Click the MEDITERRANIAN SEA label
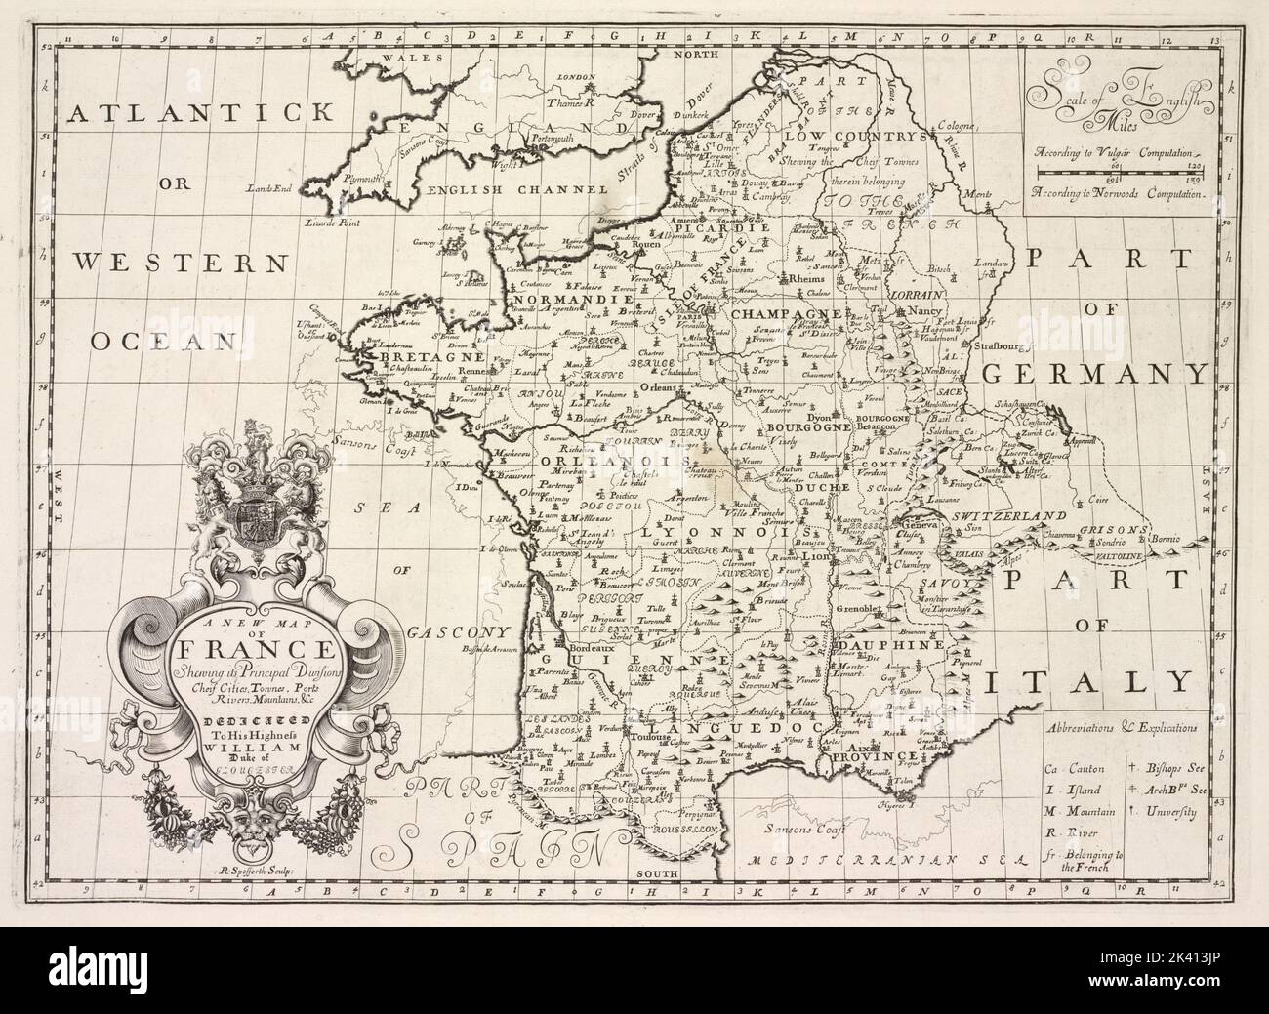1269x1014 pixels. pyautogui.click(x=886, y=861)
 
